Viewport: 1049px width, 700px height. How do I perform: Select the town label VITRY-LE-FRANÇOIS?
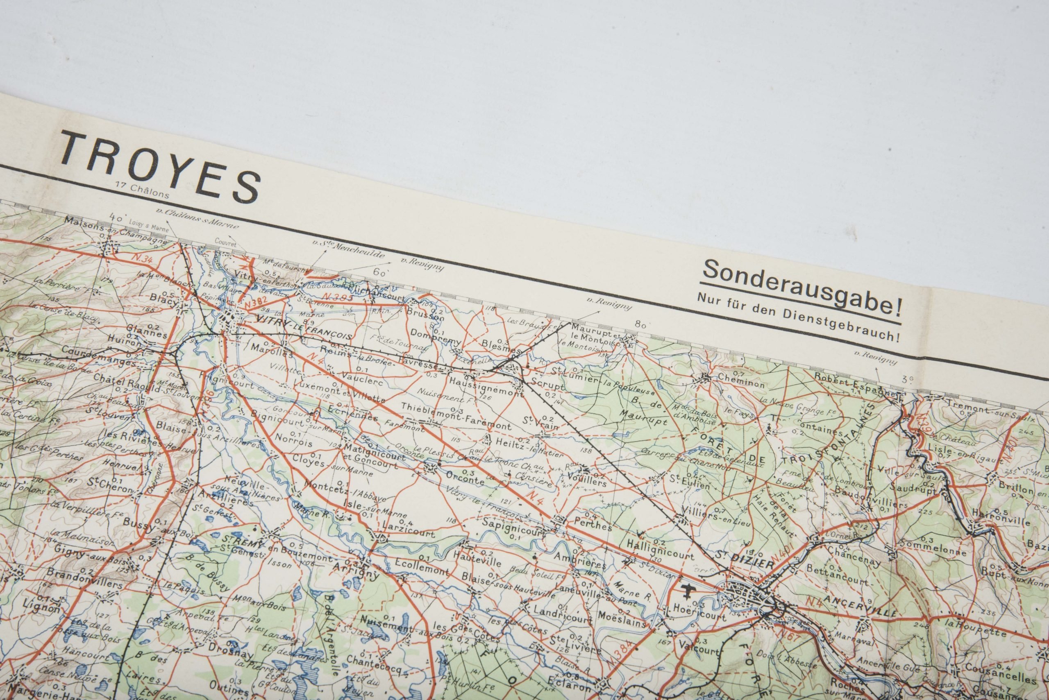point(303,326)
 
